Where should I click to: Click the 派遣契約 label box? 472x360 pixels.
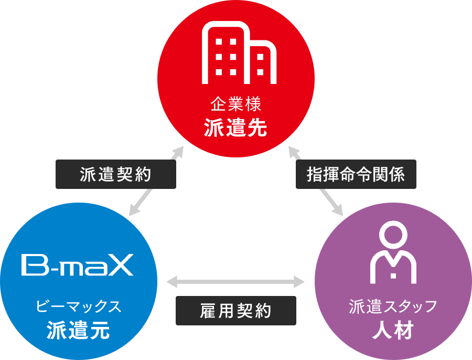(115, 174)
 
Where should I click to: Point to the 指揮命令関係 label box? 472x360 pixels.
(356, 174)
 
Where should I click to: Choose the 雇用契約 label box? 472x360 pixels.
(235, 311)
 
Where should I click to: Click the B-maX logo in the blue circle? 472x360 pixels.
(78, 265)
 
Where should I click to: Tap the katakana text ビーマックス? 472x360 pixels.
(79, 306)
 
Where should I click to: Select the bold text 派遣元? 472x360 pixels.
(78, 330)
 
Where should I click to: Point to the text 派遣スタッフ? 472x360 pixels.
(393, 306)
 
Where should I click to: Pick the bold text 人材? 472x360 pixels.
(393, 330)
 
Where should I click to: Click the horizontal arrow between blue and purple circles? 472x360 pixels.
(235, 282)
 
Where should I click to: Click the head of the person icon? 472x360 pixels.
(393, 235)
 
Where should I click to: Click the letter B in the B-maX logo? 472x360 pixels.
(31, 265)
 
